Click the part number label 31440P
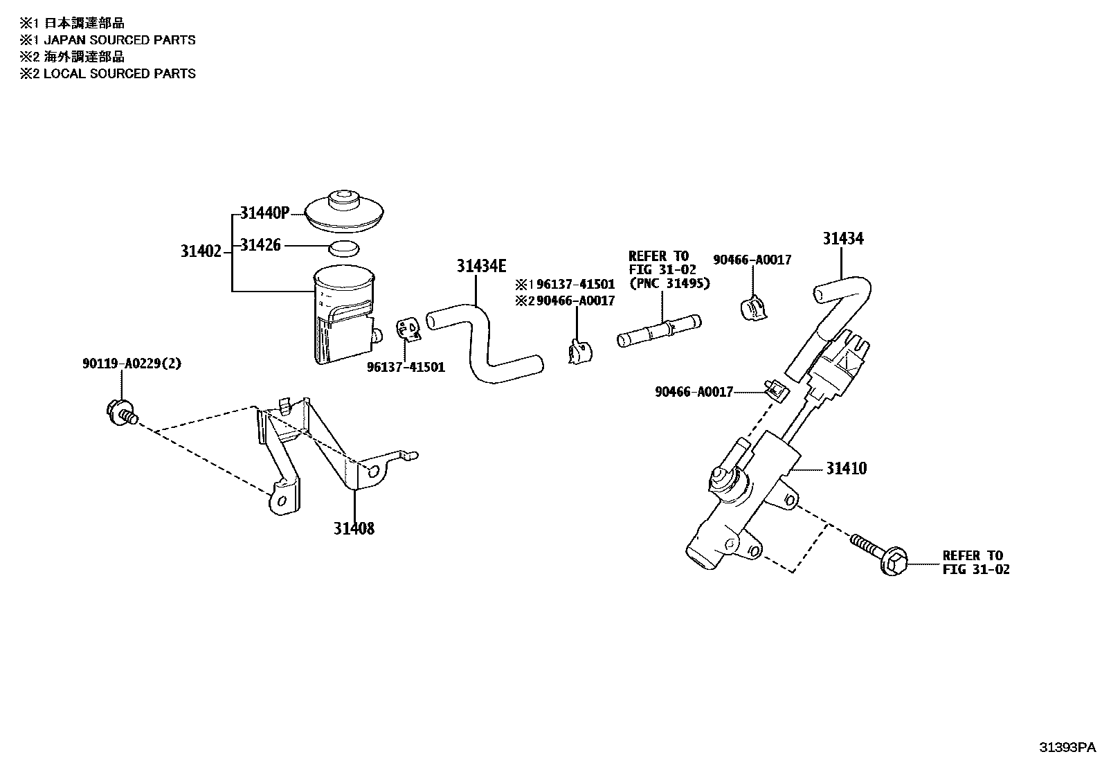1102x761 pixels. (x=264, y=213)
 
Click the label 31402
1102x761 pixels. (x=201, y=251)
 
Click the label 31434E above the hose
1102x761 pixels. (x=481, y=266)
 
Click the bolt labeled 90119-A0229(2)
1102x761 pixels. (x=122, y=412)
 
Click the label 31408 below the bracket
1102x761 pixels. (x=354, y=528)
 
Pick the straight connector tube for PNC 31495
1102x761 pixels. (x=658, y=330)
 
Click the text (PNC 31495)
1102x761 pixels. (x=669, y=283)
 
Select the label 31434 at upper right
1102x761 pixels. (x=843, y=239)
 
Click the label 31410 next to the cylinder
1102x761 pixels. (x=846, y=469)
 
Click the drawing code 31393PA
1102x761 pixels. (x=1067, y=747)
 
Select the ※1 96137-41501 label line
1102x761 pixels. (x=565, y=285)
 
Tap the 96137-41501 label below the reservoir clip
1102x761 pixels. (x=406, y=367)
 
